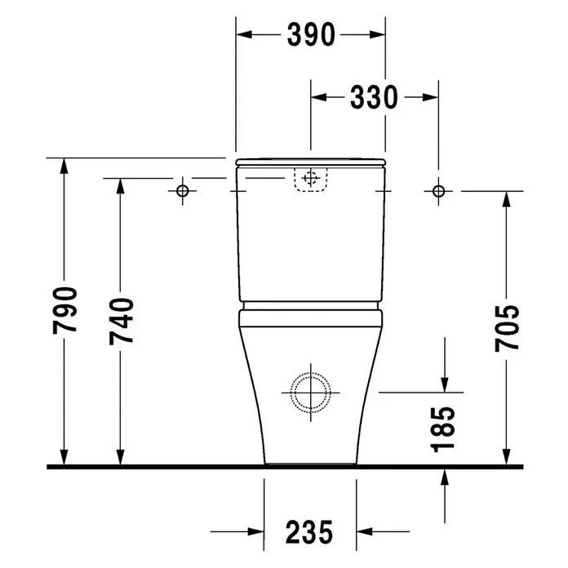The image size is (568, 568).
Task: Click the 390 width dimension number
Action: coord(311,35)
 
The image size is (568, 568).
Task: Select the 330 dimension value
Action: coord(374,97)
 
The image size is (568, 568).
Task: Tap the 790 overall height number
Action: coord(64,310)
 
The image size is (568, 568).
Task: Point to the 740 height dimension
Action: coord(122,321)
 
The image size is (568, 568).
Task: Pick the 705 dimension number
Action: coord(507,328)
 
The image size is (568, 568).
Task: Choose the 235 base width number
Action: coord(309,532)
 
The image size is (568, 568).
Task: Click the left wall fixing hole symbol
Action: coord(182,191)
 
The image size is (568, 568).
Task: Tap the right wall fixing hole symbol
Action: coord(439,191)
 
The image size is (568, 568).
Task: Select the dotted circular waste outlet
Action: coord(311,373)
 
